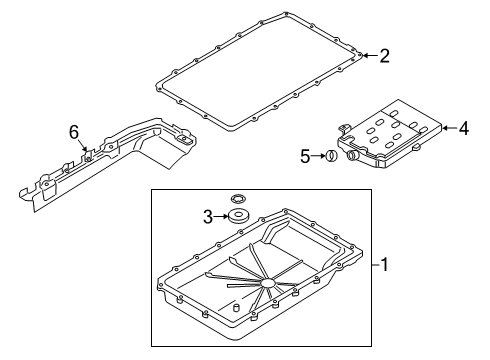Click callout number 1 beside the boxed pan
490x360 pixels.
click(384, 266)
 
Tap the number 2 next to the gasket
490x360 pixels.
click(384, 56)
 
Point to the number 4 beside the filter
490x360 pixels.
click(463, 127)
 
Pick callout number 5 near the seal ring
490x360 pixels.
click(306, 156)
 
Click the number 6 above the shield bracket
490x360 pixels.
click(72, 131)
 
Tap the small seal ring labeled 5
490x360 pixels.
click(328, 156)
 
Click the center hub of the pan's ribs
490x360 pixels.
click(268, 286)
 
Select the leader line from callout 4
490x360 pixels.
click(448, 127)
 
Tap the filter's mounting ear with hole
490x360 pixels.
click(346, 128)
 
